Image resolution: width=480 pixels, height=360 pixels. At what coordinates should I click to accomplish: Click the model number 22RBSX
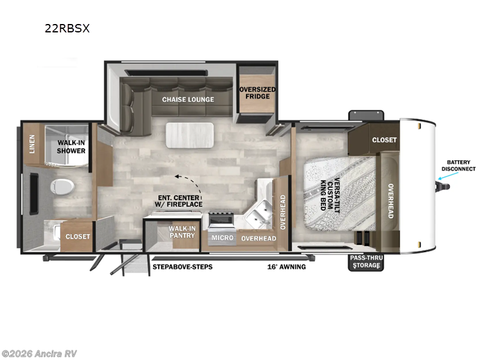coord(67,28)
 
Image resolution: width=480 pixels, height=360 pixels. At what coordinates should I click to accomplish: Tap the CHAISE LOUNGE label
coord(188,100)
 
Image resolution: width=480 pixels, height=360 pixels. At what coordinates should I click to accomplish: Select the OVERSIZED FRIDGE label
coord(257,94)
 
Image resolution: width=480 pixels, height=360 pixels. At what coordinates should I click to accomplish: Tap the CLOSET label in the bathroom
coord(77,236)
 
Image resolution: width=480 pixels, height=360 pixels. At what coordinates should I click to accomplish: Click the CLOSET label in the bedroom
coord(384,140)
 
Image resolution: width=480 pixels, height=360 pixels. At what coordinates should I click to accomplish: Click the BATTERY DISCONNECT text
coord(458,165)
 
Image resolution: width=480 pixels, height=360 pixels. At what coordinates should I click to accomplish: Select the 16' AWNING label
coord(287,266)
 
